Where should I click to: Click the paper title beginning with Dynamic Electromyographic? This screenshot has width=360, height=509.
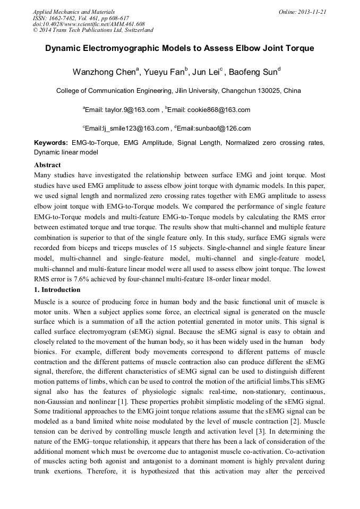(179, 48)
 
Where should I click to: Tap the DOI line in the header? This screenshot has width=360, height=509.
(89, 24)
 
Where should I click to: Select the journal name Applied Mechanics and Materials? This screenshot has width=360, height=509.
(74, 12)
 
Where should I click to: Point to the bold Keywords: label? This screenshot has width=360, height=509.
(51, 143)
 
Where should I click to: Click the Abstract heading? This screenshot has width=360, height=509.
(47, 165)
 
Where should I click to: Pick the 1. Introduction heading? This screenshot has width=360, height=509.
(57, 290)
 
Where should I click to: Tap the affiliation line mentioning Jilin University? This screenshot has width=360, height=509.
(178, 91)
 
